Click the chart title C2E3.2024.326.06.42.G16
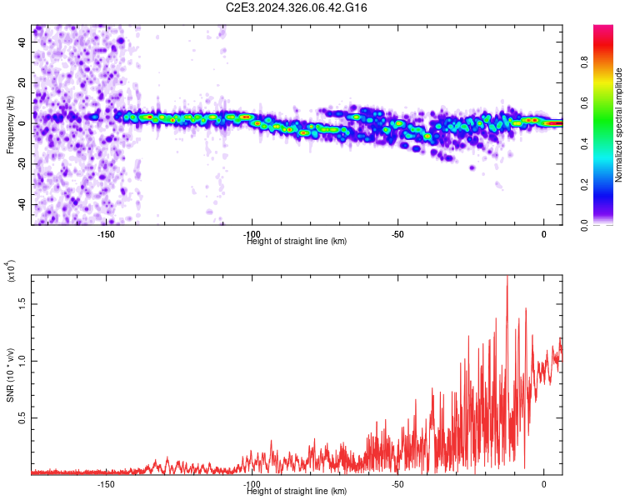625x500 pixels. (x=296, y=7)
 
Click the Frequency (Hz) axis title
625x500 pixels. (x=10, y=125)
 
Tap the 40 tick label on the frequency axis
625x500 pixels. (x=22, y=42)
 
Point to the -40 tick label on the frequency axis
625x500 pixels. (x=22, y=205)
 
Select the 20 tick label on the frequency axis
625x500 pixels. (x=22, y=83)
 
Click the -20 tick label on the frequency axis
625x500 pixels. (x=22, y=164)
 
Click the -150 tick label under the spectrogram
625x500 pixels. (x=106, y=234)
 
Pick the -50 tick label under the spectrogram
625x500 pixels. (x=397, y=234)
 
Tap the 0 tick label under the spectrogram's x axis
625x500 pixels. (x=543, y=234)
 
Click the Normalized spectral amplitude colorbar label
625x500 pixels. (x=618, y=125)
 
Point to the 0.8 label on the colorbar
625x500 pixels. (x=584, y=62)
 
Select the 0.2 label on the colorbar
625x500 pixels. (x=584, y=185)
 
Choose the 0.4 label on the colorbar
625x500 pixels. (x=584, y=144)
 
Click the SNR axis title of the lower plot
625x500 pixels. (x=10, y=375)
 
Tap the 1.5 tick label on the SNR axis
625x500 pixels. (x=22, y=304)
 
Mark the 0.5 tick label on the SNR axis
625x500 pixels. (x=22, y=417)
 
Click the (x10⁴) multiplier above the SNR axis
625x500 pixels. (x=11, y=271)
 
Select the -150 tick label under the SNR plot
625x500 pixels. (x=106, y=484)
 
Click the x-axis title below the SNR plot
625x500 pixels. (x=297, y=491)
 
